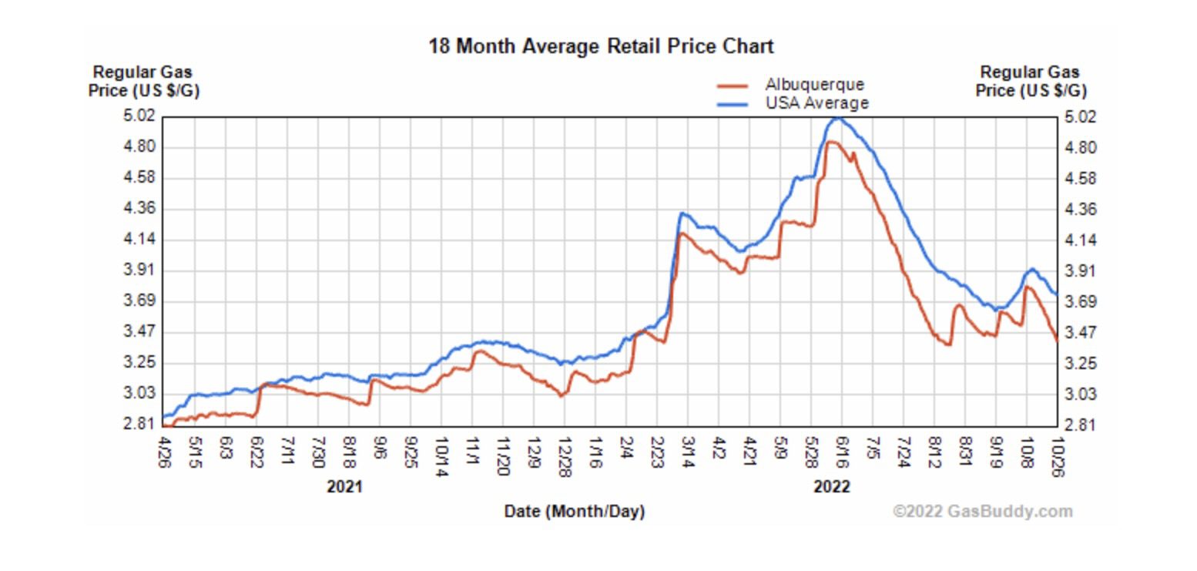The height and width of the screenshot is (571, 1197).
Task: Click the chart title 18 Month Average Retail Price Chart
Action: point(601,46)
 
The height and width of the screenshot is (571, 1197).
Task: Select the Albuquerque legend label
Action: point(814,85)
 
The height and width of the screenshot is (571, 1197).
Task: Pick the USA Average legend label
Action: point(816,103)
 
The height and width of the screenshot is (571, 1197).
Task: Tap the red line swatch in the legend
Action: point(733,86)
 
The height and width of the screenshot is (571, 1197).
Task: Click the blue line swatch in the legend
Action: point(733,104)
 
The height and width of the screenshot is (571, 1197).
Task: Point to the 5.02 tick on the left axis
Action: point(140,116)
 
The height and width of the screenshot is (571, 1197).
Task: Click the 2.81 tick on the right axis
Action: point(1081,425)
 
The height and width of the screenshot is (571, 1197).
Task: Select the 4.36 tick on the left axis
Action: point(140,209)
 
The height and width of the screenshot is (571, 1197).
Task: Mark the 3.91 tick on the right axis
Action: point(1081,271)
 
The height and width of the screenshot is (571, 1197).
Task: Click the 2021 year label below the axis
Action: point(344,487)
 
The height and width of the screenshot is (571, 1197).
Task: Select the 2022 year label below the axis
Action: point(832,487)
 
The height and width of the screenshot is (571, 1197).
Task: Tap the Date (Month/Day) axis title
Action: point(574,511)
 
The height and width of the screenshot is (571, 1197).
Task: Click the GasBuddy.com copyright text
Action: point(982,511)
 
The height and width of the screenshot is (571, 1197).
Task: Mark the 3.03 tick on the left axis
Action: point(140,394)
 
